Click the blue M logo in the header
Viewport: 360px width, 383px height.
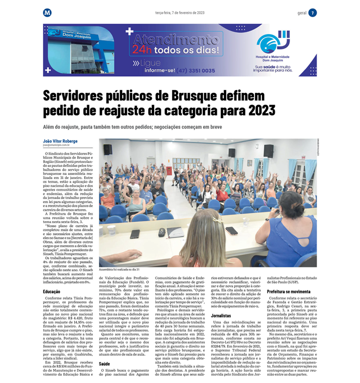(47, 13)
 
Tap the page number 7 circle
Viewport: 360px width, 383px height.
(312, 13)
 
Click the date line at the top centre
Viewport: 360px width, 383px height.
(180, 13)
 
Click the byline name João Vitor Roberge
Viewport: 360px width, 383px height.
(60, 141)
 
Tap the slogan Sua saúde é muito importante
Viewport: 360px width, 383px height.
(273, 69)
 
